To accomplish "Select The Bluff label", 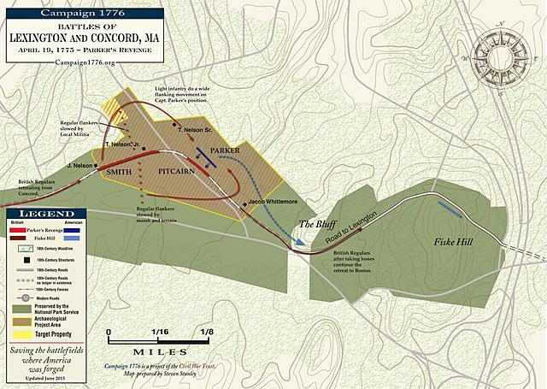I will point(312,224).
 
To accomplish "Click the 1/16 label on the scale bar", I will point(161,331).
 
